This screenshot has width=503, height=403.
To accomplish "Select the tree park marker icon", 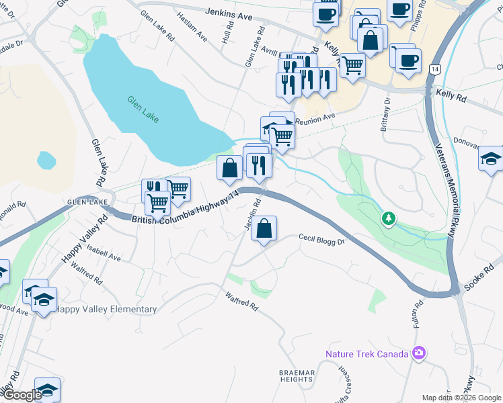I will [x=388, y=218].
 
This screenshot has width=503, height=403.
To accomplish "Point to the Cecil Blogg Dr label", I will [x=321, y=239].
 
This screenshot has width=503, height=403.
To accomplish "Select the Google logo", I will [x=22, y=395].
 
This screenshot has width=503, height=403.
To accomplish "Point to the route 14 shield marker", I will [x=436, y=70].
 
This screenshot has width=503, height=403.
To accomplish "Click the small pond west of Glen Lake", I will [x=46, y=161].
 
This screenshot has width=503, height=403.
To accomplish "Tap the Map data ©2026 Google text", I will [x=461, y=398].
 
